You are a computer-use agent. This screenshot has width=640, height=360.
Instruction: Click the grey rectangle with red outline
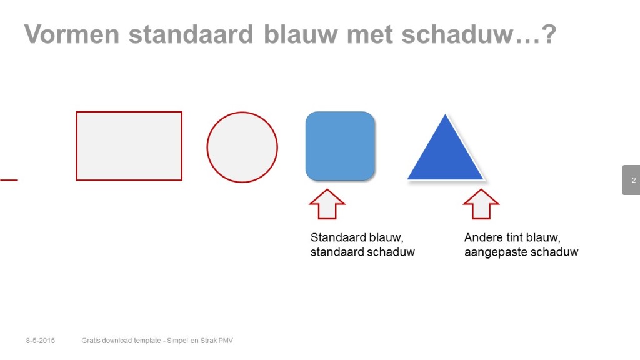point(129,146)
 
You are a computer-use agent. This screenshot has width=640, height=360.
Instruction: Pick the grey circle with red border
point(242,147)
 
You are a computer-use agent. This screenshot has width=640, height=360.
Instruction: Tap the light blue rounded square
point(340,146)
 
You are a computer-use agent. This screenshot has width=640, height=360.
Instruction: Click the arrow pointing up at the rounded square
point(327,204)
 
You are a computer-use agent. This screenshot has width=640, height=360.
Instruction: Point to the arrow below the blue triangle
point(481,204)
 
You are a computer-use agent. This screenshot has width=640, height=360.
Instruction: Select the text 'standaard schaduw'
point(362,252)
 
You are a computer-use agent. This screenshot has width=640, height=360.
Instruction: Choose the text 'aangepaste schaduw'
point(521,252)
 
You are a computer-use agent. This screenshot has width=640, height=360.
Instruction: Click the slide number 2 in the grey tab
point(634,180)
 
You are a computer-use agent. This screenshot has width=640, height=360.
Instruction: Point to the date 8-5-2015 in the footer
point(41,341)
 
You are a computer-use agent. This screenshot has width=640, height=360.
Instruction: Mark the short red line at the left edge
point(9,180)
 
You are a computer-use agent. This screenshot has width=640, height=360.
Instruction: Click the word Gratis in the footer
point(91,341)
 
